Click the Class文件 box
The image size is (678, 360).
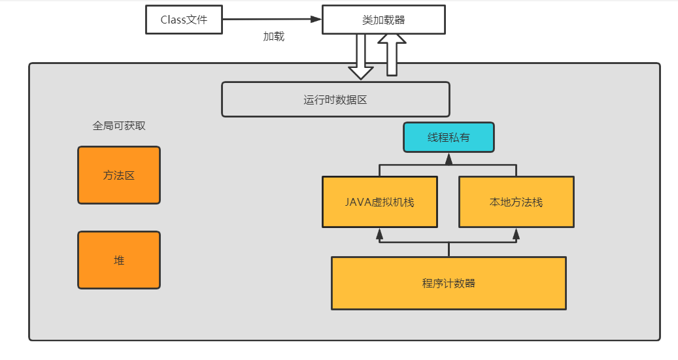tap(184, 20)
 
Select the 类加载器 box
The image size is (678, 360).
tap(384, 20)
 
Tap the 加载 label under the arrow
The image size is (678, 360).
tap(274, 37)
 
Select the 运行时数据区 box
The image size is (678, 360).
tap(335, 100)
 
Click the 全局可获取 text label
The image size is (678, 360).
tap(119, 126)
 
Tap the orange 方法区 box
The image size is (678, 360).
tap(119, 175)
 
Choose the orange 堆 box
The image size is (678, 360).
tap(119, 260)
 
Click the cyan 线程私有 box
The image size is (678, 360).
tap(449, 137)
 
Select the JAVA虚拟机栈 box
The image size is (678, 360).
tap(380, 202)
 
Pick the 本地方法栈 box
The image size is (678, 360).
tap(516, 202)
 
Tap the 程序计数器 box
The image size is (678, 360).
tap(449, 283)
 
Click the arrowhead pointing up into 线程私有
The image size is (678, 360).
tap(449, 157)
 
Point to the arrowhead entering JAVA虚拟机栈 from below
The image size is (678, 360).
tap(380, 232)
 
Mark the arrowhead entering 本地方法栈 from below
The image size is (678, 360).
tap(516, 232)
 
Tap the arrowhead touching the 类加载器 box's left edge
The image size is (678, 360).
tap(316, 20)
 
